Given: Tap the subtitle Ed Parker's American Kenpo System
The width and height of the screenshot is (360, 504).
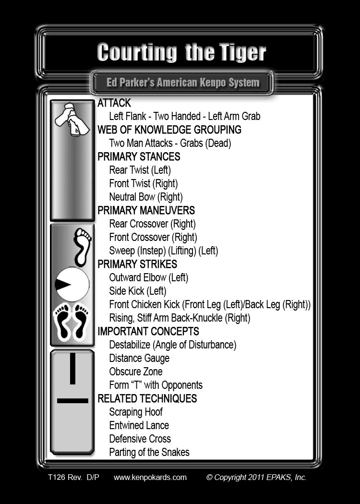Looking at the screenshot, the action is click(183, 83).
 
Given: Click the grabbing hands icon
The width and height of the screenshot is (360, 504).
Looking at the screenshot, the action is click(72, 119).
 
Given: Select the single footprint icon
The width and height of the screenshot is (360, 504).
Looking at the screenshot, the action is click(83, 247).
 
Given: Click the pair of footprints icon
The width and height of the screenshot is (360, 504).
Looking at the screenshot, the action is click(72, 322).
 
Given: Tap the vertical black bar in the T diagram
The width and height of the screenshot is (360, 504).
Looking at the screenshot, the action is click(72, 368).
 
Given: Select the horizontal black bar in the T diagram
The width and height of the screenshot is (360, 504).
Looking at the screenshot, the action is click(72, 400).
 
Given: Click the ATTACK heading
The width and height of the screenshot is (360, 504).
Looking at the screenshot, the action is click(114, 103).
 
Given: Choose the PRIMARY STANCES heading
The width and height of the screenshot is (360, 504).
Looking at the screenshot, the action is click(139, 156).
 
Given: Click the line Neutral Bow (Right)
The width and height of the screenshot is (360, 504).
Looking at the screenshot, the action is click(146, 197).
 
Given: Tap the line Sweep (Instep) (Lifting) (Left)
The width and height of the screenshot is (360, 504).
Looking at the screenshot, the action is click(164, 251).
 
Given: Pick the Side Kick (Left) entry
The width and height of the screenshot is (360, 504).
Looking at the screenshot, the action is click(138, 291).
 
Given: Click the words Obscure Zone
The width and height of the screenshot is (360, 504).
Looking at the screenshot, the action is click(136, 372).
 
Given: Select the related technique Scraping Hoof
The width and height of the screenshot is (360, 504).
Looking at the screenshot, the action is click(136, 412).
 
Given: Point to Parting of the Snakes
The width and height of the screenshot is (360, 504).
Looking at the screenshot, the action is click(149, 452).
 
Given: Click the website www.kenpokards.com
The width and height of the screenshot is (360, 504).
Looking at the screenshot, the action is click(150, 477).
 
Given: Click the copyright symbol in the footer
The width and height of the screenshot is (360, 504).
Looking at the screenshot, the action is click(209, 477).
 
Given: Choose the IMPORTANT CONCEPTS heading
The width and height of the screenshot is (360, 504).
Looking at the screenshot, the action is click(148, 331).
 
